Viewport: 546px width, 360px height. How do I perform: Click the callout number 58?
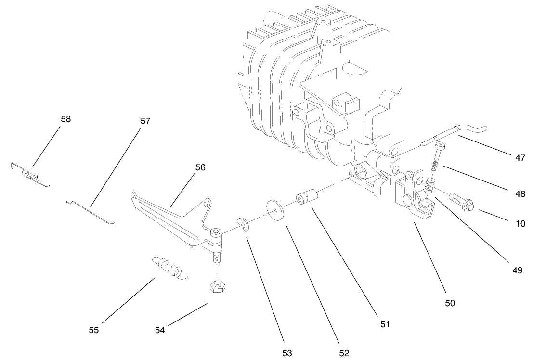[65, 119]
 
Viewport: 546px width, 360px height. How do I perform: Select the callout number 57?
[145, 121]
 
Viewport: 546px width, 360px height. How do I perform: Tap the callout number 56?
[200, 167]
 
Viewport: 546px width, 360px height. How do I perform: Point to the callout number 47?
[520, 158]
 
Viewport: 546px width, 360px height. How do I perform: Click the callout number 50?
[450, 303]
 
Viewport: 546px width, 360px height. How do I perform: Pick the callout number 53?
[287, 353]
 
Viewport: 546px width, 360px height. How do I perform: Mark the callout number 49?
[517, 270]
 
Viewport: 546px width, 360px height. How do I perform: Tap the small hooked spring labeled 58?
[30, 174]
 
